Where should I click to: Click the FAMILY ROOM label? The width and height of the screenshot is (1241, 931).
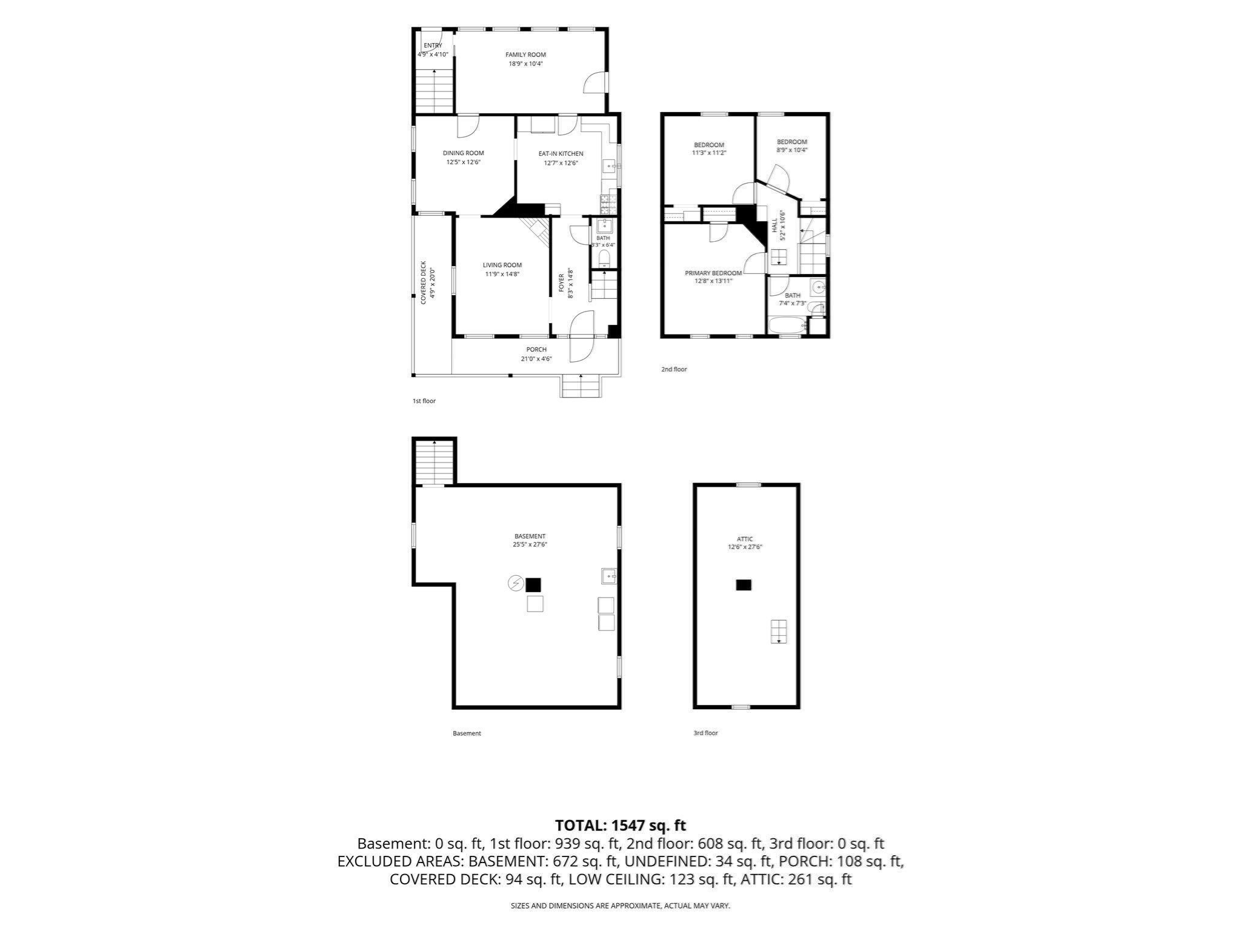tap(525, 55)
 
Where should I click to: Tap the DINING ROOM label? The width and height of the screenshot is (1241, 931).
tap(463, 153)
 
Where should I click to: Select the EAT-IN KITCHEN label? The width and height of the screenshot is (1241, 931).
tap(561, 154)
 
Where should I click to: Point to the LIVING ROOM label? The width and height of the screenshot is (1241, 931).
tap(502, 265)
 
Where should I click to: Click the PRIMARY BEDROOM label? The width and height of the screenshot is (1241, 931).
tap(713, 273)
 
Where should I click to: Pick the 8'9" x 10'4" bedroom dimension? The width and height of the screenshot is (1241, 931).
tap(792, 150)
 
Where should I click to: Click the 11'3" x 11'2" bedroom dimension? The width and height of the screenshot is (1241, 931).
tap(709, 153)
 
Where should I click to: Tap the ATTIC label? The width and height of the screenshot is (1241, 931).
tap(745, 539)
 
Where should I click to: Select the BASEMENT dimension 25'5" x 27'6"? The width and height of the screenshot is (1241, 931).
tap(530, 544)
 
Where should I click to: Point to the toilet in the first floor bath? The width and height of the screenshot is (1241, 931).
tap(604, 259)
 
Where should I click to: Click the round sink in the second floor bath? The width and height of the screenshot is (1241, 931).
tap(818, 287)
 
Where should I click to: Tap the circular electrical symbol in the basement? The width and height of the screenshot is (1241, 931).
tap(516, 584)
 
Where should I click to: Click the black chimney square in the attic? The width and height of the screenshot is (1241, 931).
tap(744, 585)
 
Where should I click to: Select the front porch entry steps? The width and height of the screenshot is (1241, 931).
tap(581, 386)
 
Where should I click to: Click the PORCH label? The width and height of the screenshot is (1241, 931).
tap(536, 350)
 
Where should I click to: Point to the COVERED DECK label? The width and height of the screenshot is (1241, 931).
tap(424, 282)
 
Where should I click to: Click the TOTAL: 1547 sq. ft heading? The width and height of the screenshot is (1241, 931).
tap(620, 825)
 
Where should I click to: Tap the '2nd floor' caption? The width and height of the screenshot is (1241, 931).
tap(674, 369)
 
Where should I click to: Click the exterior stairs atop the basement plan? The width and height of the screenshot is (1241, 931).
tap(434, 462)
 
